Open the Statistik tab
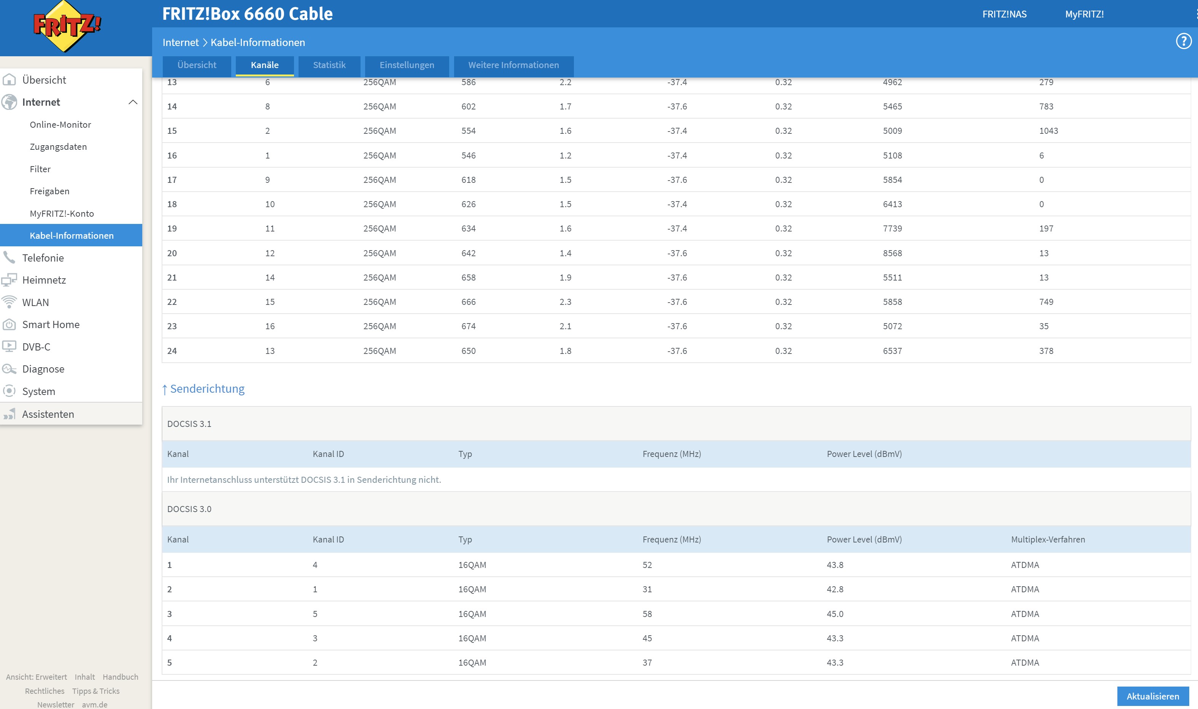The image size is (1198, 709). [329, 65]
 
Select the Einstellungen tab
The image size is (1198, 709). [407, 65]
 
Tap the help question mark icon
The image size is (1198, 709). [1183, 41]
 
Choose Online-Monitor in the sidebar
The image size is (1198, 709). [60, 125]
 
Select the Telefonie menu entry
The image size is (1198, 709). [43, 258]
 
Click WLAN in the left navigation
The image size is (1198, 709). [35, 303]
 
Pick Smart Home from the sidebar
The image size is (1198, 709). [51, 324]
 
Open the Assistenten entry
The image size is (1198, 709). [48, 414]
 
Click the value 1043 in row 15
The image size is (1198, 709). [1049, 131]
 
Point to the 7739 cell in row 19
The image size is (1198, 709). [892, 228]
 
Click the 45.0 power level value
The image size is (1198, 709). [835, 614]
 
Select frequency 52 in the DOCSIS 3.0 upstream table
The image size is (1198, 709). [647, 565]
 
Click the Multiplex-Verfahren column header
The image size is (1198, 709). [1047, 539]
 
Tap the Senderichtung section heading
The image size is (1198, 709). [207, 389]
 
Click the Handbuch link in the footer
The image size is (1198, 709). [121, 677]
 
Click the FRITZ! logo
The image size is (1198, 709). [67, 26]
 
